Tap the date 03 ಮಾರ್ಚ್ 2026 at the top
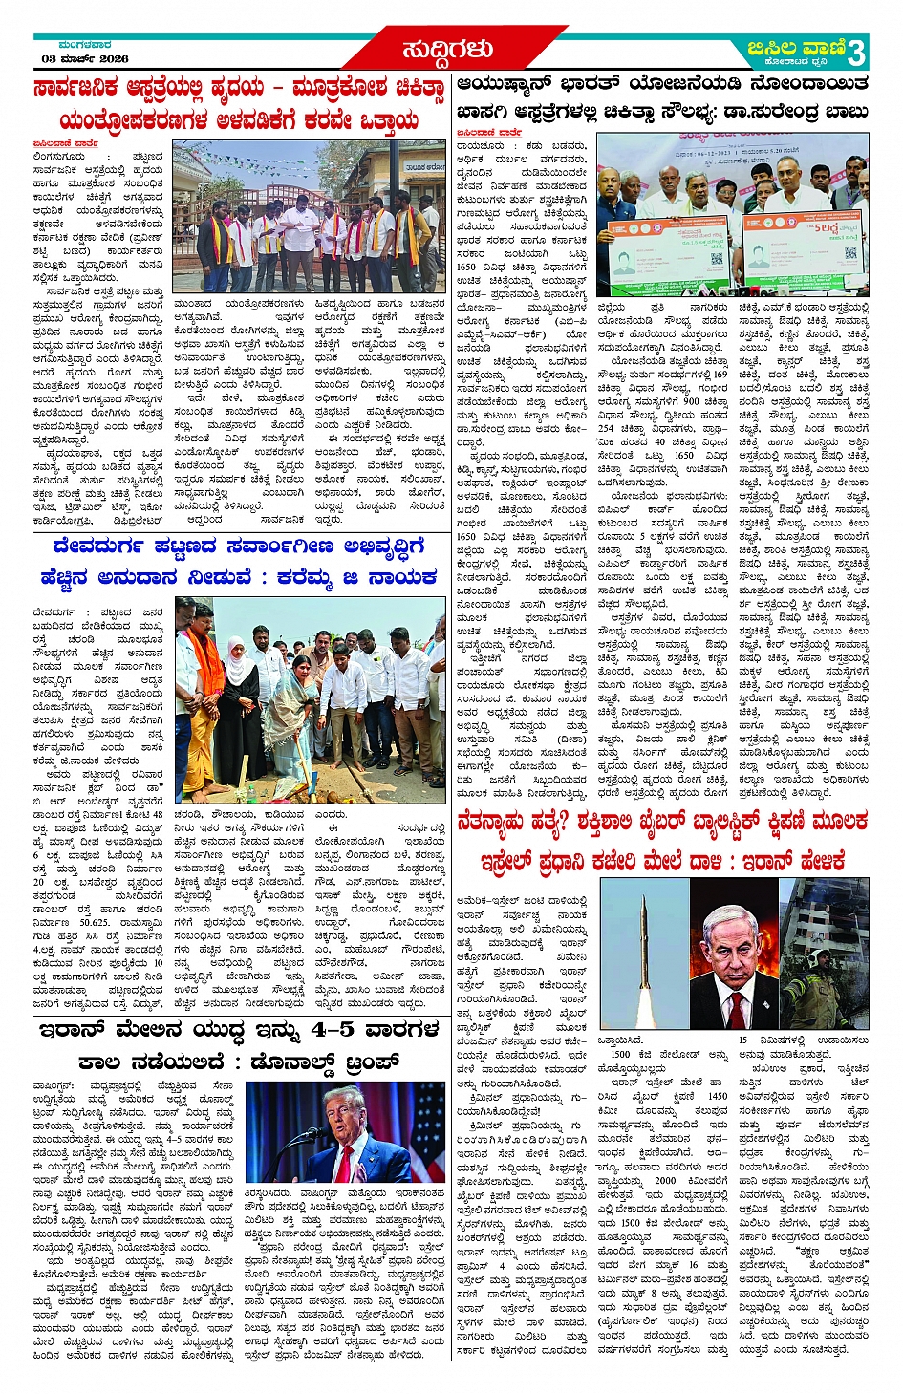click(85, 59)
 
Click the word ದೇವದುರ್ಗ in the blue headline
click(97, 547)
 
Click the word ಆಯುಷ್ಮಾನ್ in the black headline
click(512, 83)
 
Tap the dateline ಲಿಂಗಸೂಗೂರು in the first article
click(64, 156)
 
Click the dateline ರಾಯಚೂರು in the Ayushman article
click(480, 145)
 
